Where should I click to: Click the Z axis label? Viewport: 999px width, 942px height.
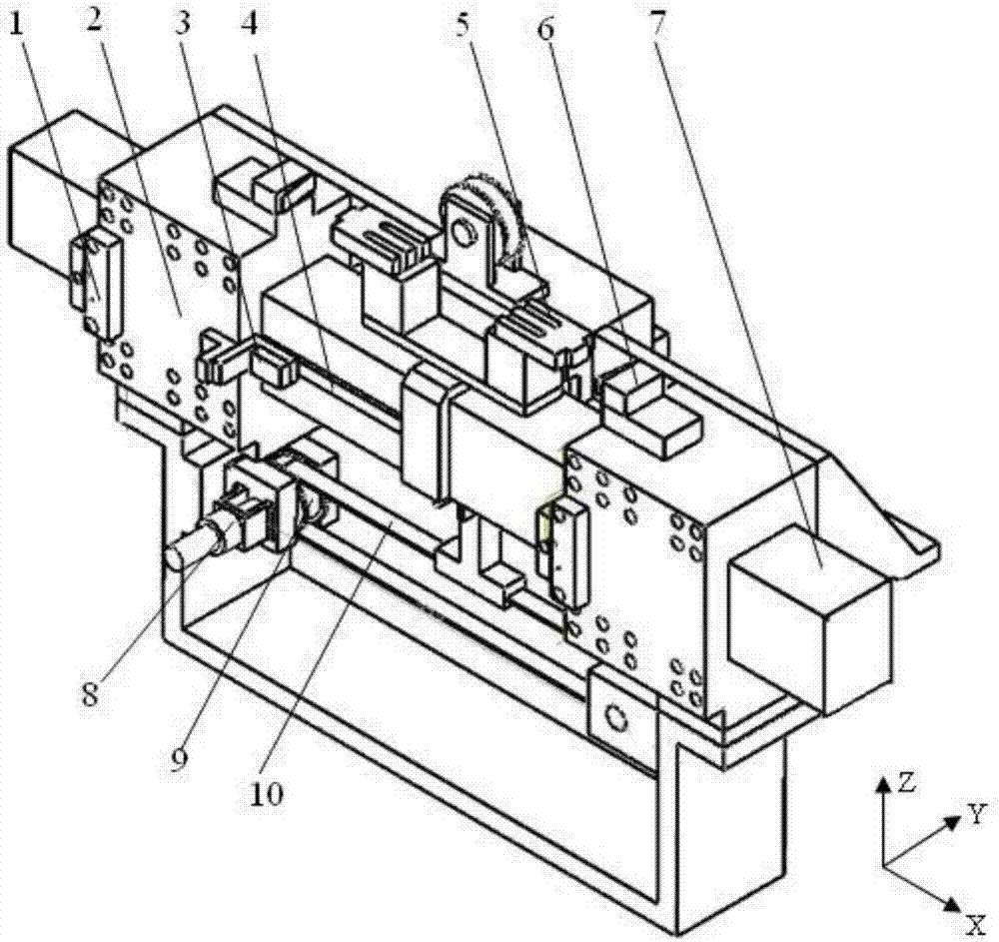tap(905, 783)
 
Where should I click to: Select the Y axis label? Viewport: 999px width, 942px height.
tap(976, 815)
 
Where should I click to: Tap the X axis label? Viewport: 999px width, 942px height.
tap(976, 923)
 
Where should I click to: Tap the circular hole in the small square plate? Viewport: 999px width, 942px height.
tap(616, 717)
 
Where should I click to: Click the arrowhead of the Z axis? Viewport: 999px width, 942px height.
tap(883, 782)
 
